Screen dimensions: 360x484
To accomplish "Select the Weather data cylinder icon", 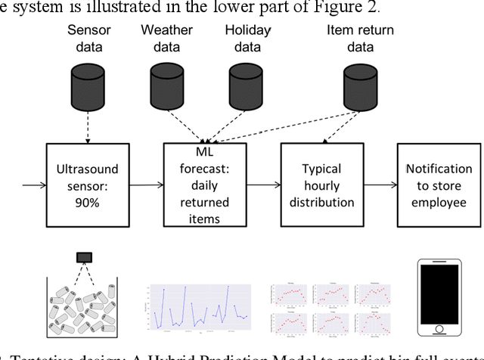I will (x=166, y=79).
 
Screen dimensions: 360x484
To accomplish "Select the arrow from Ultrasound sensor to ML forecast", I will (x=144, y=185).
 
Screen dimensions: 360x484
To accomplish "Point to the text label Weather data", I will (x=166, y=38).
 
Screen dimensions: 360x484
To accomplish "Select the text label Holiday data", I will (x=247, y=38).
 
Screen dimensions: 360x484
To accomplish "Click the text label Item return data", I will (x=360, y=38).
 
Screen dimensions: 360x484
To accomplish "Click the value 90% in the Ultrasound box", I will (x=88, y=201).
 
